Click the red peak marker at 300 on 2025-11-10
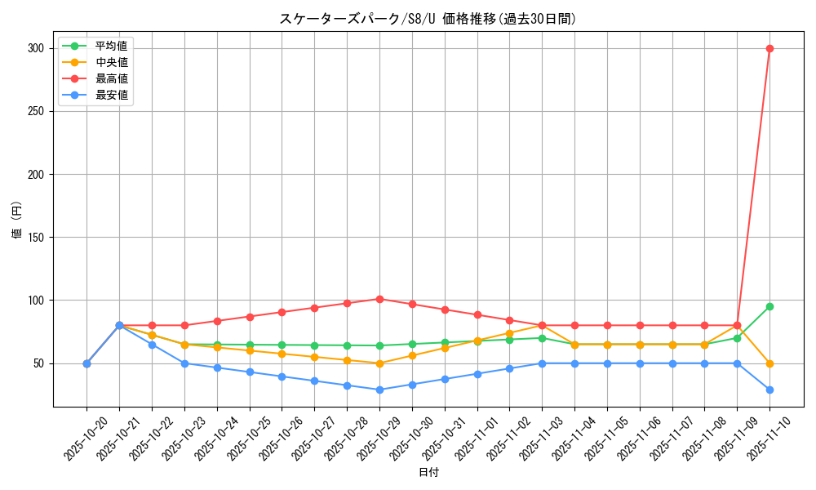point(769,48)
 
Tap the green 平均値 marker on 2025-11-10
point(769,307)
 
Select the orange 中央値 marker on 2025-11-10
point(769,363)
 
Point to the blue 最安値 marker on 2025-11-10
point(769,390)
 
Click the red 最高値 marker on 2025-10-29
point(379,299)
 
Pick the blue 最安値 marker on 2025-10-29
point(379,390)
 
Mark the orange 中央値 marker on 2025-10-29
point(379,363)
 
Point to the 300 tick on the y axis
point(34,48)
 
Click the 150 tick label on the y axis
point(34,238)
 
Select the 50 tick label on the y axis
point(37,363)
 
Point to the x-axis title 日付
point(428,473)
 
